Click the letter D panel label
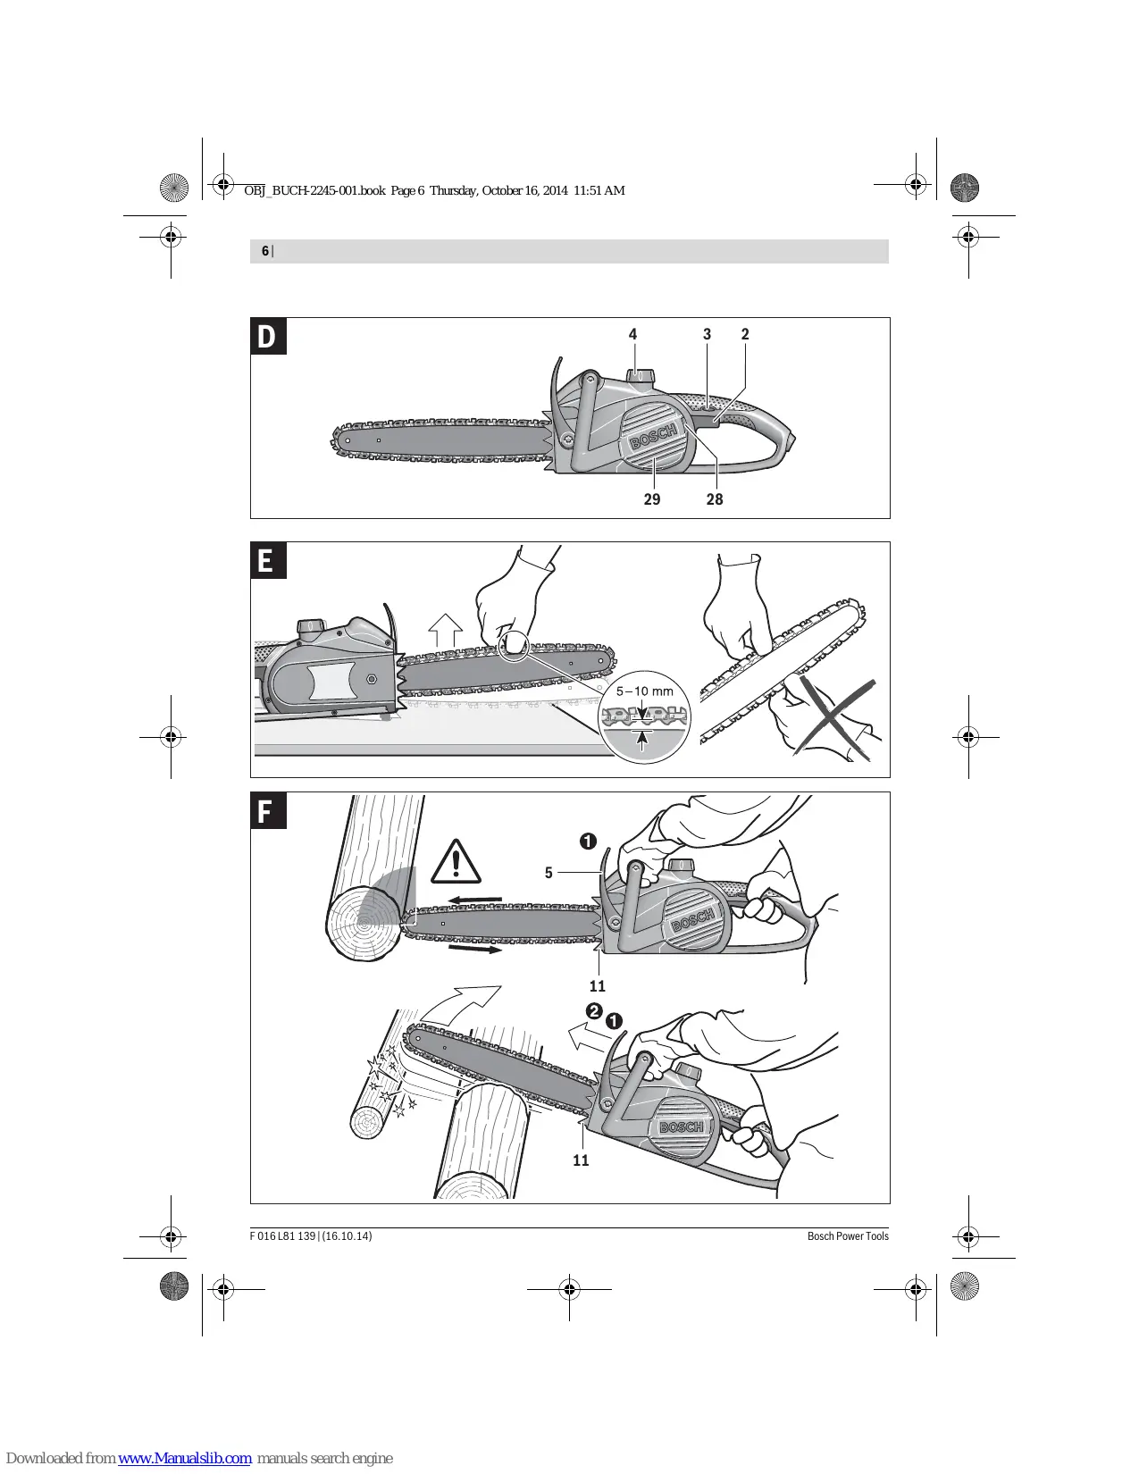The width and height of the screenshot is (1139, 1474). [x=268, y=336]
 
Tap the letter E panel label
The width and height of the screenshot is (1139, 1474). [x=268, y=560]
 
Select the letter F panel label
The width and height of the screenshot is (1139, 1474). [x=268, y=810]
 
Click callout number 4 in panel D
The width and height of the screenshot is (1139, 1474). [x=633, y=334]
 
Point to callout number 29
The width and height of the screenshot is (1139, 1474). [x=652, y=499]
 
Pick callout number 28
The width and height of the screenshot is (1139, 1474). [x=715, y=499]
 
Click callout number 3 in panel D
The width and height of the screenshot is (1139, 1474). [x=707, y=334]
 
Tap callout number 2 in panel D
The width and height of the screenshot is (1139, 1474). [x=745, y=334]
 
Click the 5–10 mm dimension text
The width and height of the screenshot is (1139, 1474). [x=644, y=691]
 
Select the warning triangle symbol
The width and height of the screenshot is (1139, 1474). [x=456, y=862]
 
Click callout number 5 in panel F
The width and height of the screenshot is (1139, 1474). [x=549, y=872]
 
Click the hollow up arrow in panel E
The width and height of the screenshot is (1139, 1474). [x=446, y=630]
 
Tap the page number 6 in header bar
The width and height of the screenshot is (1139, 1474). [x=265, y=251]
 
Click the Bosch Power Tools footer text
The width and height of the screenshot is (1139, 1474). [x=848, y=1235]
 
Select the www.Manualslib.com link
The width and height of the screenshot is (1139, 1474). [x=185, y=1458]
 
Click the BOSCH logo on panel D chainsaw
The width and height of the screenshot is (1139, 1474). [x=653, y=435]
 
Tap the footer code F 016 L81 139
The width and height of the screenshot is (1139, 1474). [x=282, y=1235]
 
